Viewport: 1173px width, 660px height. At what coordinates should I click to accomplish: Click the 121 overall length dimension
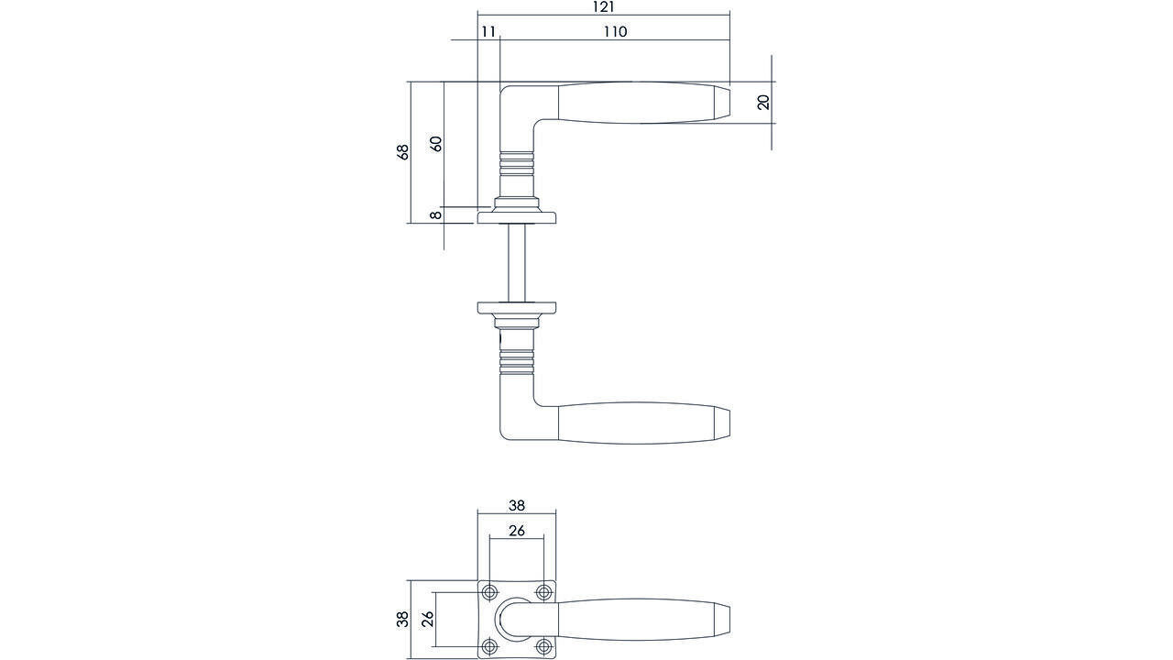click(602, 7)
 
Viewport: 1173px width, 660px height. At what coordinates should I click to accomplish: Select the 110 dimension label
click(615, 32)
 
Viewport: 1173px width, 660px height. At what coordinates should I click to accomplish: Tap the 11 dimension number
click(488, 32)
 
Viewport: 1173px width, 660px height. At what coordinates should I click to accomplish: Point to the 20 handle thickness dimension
click(763, 102)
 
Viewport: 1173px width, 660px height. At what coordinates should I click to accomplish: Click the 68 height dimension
click(402, 152)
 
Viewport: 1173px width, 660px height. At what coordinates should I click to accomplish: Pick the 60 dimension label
click(436, 144)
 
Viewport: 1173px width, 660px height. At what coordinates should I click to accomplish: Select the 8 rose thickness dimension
click(436, 215)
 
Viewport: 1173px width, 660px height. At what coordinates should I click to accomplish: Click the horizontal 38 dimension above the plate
click(517, 505)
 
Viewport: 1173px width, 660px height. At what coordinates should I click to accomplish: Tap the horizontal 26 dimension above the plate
click(517, 531)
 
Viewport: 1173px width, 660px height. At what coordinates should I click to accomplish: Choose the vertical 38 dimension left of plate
click(402, 620)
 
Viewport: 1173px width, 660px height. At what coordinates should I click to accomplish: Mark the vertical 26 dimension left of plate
click(427, 620)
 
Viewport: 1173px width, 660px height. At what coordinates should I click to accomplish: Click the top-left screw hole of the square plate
click(490, 591)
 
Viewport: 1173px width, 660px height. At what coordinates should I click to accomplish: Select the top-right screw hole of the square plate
click(543, 591)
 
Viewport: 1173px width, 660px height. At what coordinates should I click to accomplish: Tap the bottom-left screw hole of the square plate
click(490, 646)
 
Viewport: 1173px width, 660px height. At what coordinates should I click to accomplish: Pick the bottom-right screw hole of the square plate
click(543, 646)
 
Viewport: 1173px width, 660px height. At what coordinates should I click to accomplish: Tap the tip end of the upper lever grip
click(722, 102)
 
